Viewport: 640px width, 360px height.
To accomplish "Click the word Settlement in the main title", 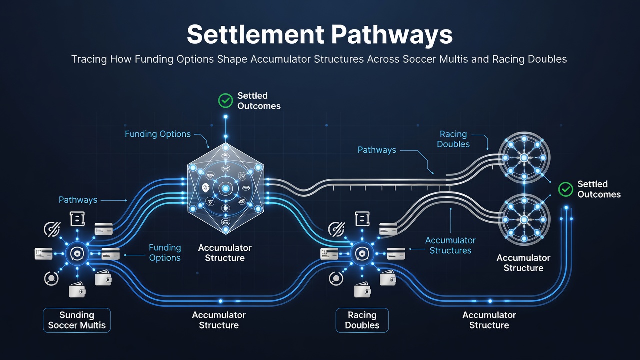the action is pyautogui.click(x=255, y=34).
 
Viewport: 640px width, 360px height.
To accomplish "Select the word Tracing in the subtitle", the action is pyautogui.click(x=89, y=59).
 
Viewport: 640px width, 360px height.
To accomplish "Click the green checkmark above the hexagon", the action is pyautogui.click(x=225, y=101).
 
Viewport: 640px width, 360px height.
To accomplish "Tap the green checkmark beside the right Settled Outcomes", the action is pyautogui.click(x=565, y=189).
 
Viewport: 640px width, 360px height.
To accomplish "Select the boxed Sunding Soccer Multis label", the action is pyautogui.click(x=77, y=320).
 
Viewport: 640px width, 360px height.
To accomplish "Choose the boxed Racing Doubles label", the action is pyautogui.click(x=362, y=320).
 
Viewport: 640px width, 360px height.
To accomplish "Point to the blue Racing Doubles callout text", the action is pyautogui.click(x=453, y=139).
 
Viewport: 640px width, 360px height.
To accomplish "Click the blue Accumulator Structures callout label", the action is pyautogui.click(x=450, y=245).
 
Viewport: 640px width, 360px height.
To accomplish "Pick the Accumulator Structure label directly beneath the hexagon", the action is pyautogui.click(x=225, y=253).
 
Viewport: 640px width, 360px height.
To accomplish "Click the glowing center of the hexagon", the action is pyautogui.click(x=225, y=188).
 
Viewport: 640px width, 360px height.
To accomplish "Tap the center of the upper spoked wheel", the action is pyautogui.click(x=524, y=157).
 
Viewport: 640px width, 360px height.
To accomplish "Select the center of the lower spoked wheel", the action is pyautogui.click(x=524, y=219).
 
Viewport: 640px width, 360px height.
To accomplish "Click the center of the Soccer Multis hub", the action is pyautogui.click(x=77, y=253).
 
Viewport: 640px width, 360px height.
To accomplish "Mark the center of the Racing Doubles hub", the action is pyautogui.click(x=362, y=253).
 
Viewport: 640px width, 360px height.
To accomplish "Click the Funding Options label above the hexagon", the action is pyautogui.click(x=157, y=134).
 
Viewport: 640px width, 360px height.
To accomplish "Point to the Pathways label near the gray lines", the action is pyautogui.click(x=377, y=150).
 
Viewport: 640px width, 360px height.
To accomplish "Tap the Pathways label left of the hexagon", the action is pyautogui.click(x=78, y=200).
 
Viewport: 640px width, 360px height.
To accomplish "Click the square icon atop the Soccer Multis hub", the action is pyautogui.click(x=77, y=219).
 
